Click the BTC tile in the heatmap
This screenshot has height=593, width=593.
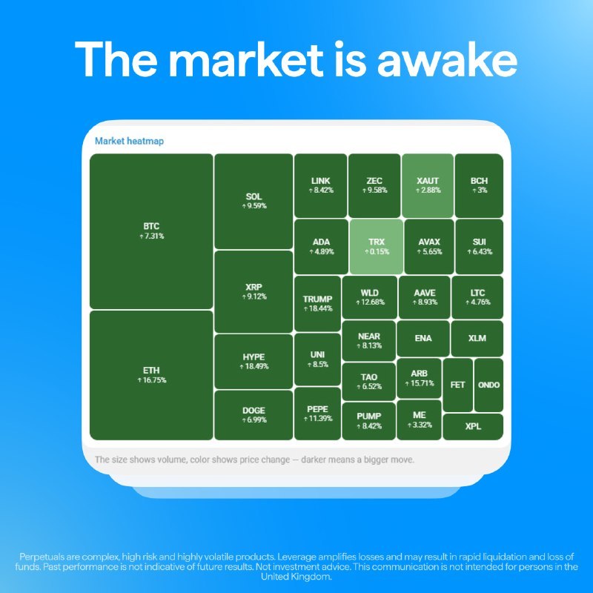(151, 231)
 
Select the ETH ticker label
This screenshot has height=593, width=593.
(151, 370)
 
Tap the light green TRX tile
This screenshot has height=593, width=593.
(377, 247)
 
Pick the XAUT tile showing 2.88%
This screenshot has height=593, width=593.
(428, 185)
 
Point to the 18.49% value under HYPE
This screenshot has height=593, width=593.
(254, 366)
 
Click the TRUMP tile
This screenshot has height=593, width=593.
(318, 304)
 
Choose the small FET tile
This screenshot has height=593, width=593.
(457, 385)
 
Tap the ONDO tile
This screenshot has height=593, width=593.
(488, 385)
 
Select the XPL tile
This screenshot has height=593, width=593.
(473, 427)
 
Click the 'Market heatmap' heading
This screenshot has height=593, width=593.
(129, 141)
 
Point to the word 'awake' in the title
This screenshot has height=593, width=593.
(447, 60)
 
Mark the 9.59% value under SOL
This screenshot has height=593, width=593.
(254, 206)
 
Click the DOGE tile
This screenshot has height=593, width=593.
(254, 415)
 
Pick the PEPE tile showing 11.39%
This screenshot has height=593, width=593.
(318, 414)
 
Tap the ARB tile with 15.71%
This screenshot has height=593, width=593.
(419, 378)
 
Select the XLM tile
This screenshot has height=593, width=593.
(477, 339)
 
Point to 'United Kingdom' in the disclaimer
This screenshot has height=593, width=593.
(296, 577)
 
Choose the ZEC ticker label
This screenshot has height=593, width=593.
(374, 181)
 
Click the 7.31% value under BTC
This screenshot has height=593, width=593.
(152, 236)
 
